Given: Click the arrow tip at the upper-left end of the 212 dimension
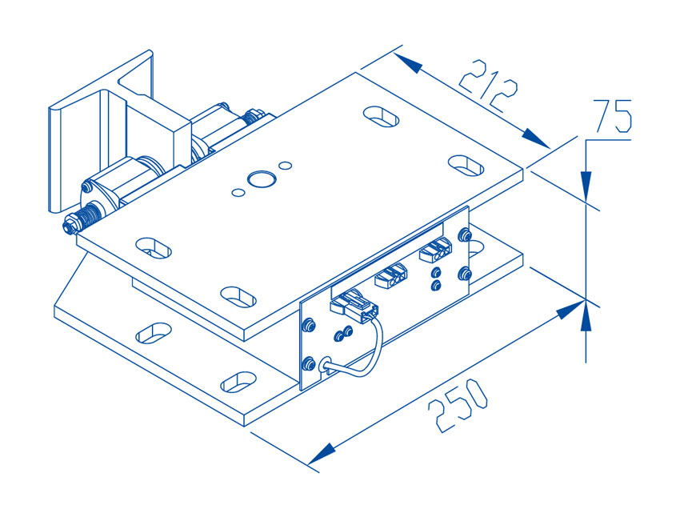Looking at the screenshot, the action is (x=394, y=54).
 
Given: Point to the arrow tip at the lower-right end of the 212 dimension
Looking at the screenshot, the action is (x=550, y=148).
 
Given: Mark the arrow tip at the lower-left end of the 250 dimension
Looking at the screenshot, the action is (x=308, y=465).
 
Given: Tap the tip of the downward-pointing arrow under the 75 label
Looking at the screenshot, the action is (x=586, y=202).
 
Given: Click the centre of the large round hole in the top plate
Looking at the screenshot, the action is (x=262, y=178).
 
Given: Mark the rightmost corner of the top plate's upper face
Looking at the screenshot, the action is (x=523, y=169).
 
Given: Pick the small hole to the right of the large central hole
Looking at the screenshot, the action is (x=285, y=166).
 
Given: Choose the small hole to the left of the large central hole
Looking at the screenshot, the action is (x=238, y=193).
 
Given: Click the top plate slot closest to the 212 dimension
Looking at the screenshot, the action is (x=381, y=116).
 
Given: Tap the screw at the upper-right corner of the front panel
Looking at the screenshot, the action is (x=465, y=235).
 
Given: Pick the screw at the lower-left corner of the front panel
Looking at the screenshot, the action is (x=308, y=363).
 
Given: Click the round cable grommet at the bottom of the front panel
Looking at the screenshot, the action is (x=326, y=365).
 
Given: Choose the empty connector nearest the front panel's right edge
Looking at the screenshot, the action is (x=435, y=250).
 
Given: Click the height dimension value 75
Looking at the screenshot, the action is (x=612, y=115).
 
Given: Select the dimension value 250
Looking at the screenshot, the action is (x=458, y=405).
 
